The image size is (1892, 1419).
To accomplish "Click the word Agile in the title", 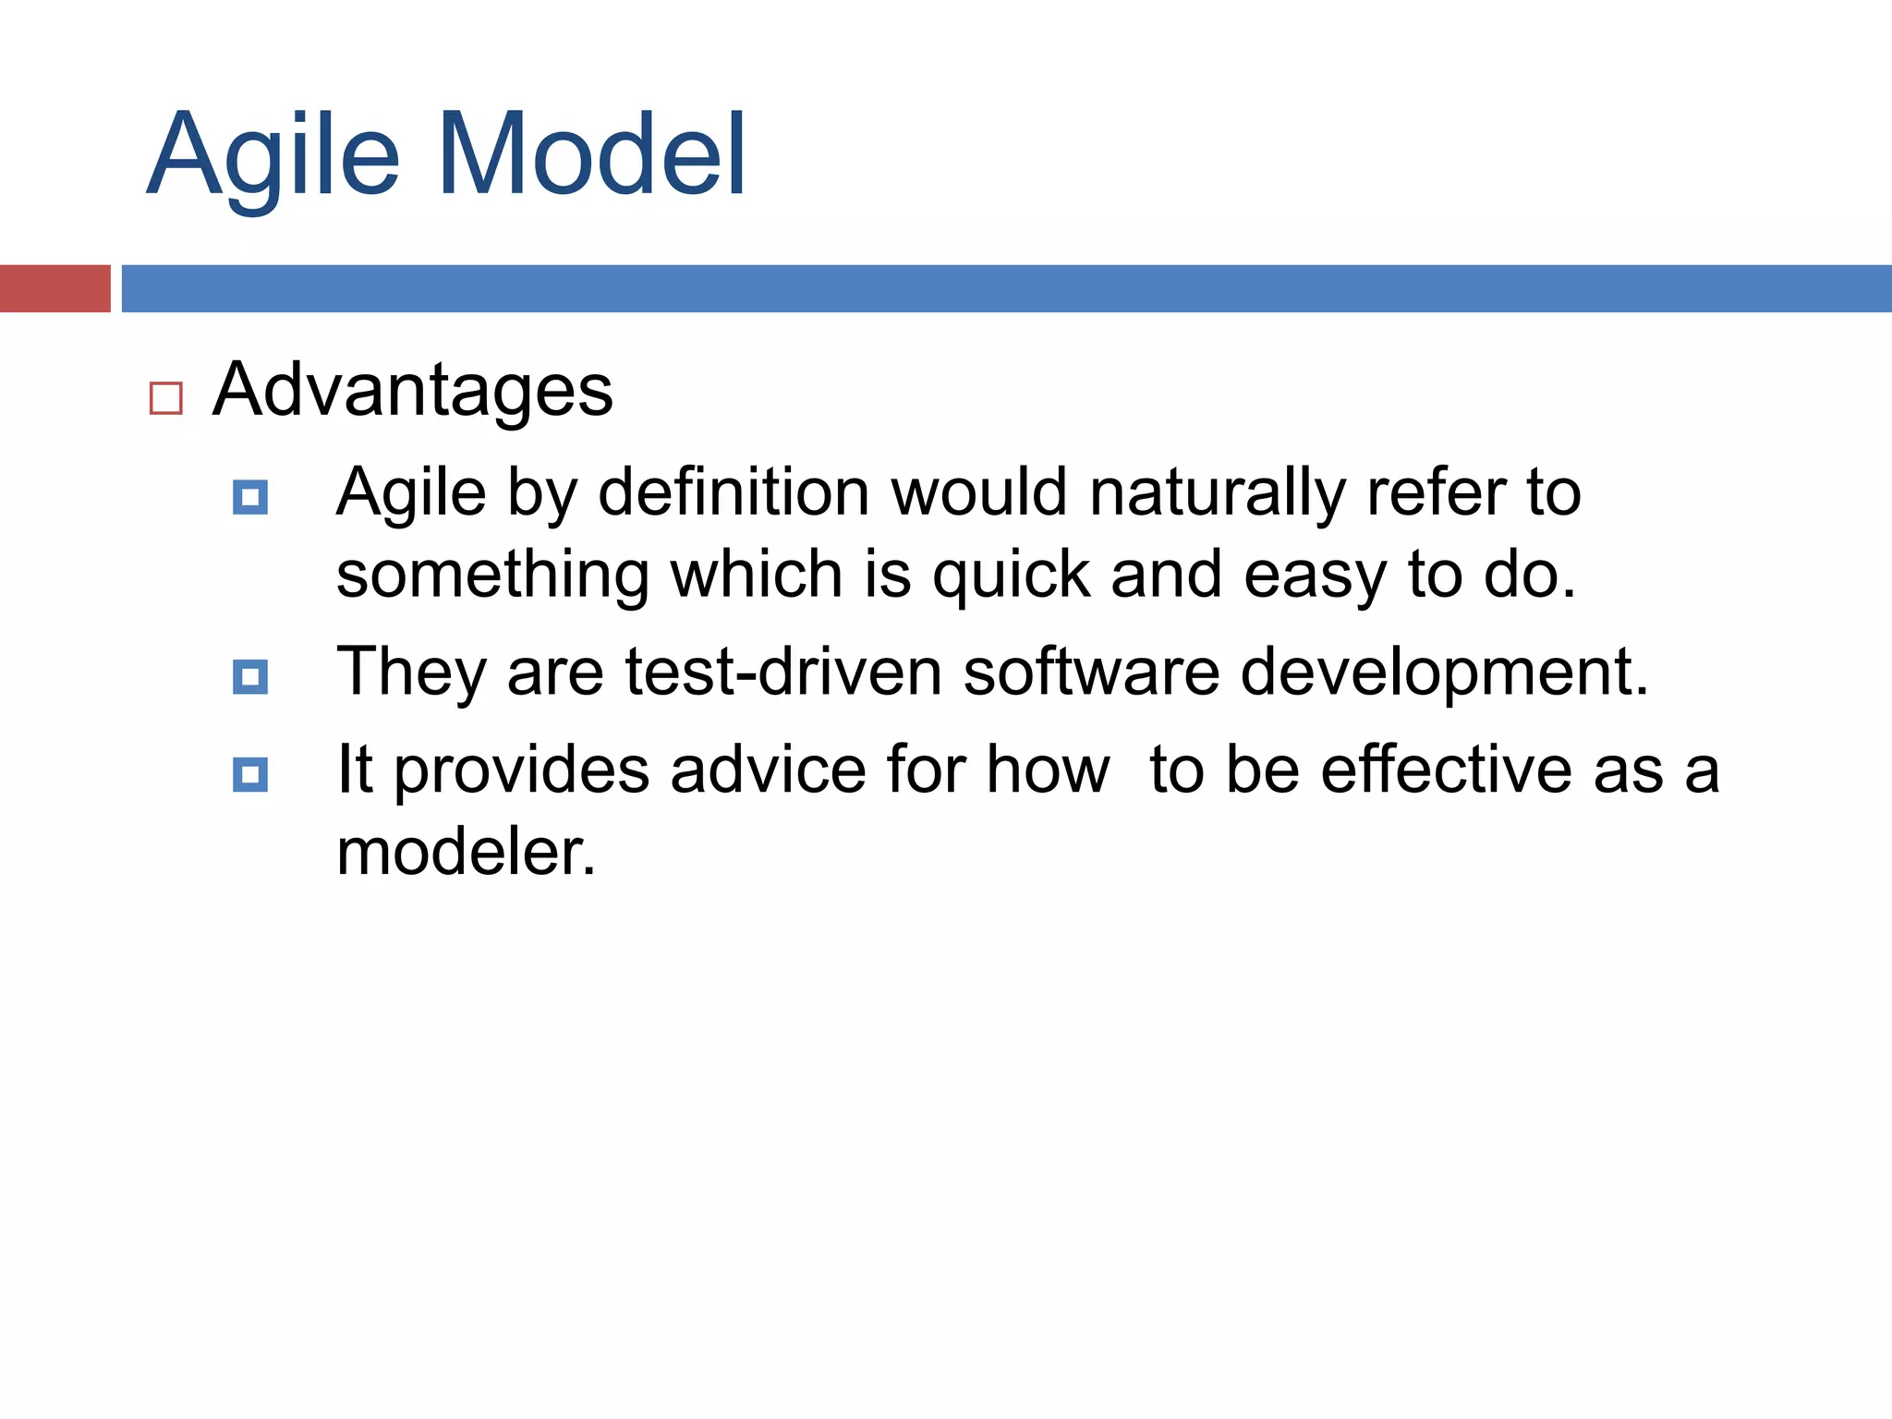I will click(x=273, y=155).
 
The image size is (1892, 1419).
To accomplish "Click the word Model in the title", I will click(x=591, y=155).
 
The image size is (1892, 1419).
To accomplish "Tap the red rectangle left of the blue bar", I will click(x=55, y=288).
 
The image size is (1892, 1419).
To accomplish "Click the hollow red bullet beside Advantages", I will click(x=166, y=398).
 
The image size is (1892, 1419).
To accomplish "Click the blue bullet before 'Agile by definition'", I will click(x=250, y=497).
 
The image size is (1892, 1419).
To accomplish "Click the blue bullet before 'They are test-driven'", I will click(x=250, y=676).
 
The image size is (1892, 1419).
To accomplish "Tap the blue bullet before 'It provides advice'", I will click(x=250, y=774).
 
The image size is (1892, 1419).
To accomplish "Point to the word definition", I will click(x=734, y=492).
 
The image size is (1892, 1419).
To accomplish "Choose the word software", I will click(x=1090, y=672).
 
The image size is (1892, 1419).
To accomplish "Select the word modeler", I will click(x=465, y=852).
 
